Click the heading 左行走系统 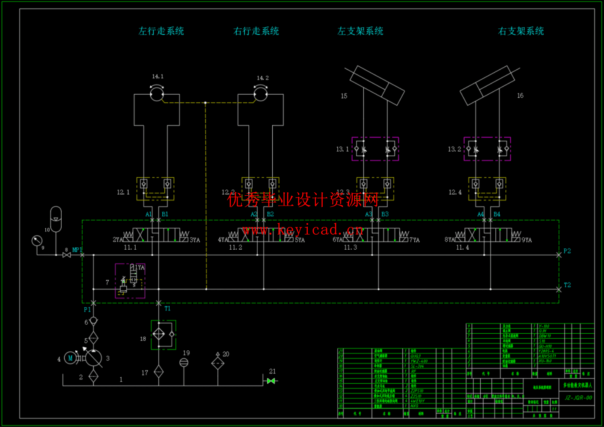tap(161, 31)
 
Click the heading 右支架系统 tap(521, 31)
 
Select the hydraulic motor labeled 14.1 tap(157, 94)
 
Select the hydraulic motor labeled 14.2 tap(261, 94)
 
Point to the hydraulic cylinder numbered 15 tap(377, 85)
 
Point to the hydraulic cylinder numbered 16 tap(488, 85)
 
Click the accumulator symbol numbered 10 tap(56, 219)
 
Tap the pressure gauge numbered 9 tap(37, 241)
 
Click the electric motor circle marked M tap(70, 358)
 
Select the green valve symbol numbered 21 tap(271, 381)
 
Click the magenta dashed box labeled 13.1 tap(375, 149)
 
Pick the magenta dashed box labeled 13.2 tap(487, 149)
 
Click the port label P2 tap(567, 251)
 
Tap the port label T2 tap(567, 285)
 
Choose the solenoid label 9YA tap(527, 240)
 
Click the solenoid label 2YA tap(117, 239)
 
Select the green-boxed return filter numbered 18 tap(163, 334)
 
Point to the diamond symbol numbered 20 tap(217, 363)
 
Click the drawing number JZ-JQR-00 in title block tap(578, 397)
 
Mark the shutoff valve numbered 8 tap(66, 255)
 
